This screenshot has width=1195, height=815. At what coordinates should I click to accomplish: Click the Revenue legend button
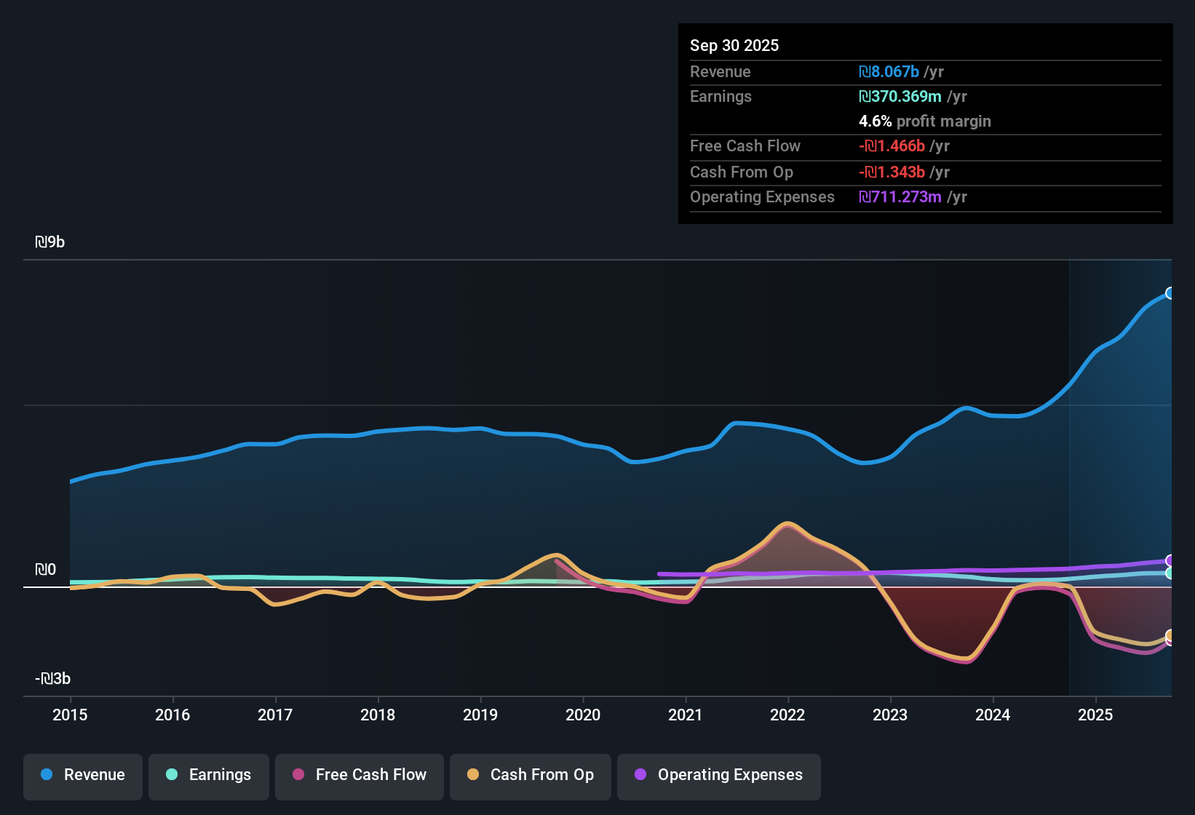[83, 775]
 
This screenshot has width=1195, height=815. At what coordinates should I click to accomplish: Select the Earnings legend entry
[209, 775]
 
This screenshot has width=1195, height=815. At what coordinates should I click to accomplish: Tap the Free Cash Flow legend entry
[360, 775]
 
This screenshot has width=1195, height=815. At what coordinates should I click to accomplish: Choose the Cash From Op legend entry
[531, 775]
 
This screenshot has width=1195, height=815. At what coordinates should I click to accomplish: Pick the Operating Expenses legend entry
[719, 775]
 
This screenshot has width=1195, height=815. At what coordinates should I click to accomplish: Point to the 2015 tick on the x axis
[70, 715]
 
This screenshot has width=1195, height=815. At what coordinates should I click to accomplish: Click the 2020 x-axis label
[583, 715]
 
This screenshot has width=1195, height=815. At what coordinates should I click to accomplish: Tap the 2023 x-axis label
[890, 715]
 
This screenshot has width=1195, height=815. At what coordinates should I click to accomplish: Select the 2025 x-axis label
[1095, 715]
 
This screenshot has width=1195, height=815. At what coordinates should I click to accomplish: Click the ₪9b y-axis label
[50, 242]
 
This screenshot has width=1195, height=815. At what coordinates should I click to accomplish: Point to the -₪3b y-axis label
[53, 679]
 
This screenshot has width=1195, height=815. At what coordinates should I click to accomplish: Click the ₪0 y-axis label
[46, 570]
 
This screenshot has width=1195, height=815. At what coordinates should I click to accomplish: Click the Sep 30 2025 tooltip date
[734, 46]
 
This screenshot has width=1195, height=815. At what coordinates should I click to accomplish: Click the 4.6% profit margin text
[925, 122]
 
